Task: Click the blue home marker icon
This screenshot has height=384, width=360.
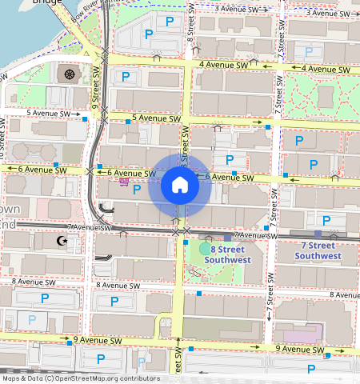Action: pos(180,186)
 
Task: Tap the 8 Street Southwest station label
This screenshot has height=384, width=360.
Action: pos(227,254)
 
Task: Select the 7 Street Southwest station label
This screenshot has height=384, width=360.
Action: pos(318,250)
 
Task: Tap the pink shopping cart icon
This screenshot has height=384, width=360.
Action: pos(124,182)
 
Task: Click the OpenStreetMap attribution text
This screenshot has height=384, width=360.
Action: pos(80,378)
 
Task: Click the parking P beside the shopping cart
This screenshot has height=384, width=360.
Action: pos(136,189)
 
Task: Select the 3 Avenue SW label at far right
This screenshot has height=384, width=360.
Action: pos(330,13)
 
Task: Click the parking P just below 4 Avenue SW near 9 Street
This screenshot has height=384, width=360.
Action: pos(126,77)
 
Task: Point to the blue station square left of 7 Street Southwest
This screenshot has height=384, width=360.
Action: pos(227,238)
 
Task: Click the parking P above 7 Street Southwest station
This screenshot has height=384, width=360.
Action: pos(326,220)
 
